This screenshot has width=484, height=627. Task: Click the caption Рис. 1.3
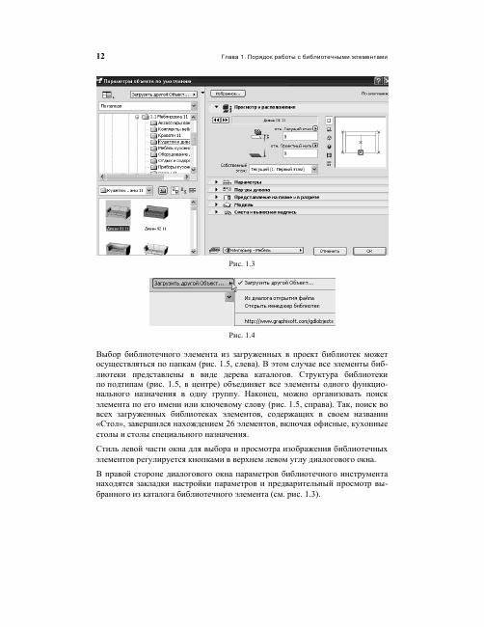tap(241, 263)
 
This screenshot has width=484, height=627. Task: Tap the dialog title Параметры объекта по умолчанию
tap(145, 84)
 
